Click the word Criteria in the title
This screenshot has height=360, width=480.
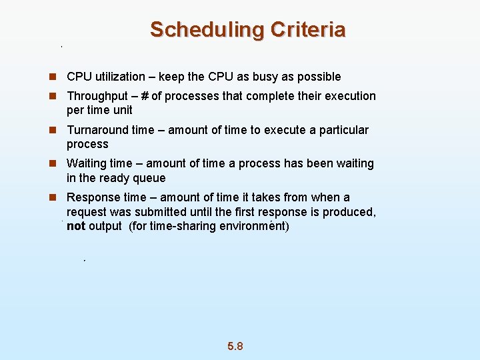click(308, 30)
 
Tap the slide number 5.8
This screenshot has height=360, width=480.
click(235, 346)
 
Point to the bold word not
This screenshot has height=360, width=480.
click(76, 226)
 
